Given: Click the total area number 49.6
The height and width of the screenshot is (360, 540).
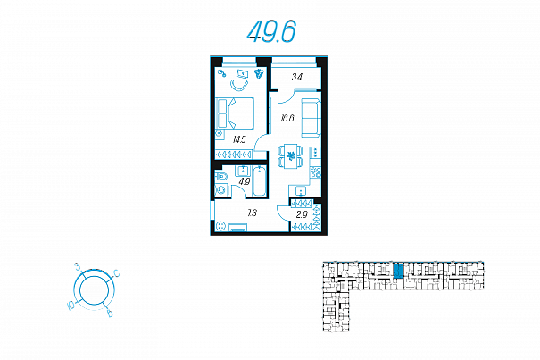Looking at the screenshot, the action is tap(271, 32).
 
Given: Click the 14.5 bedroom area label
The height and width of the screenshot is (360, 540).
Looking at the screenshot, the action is tap(239, 139).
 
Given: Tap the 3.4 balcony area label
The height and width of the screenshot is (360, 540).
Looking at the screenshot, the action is tap(297, 77).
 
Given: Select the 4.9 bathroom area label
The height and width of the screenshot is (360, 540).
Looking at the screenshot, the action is tap(245, 181).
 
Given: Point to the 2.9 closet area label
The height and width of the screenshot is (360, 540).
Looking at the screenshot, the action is tap(302, 215).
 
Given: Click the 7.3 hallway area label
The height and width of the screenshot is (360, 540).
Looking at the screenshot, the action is tap(252, 213).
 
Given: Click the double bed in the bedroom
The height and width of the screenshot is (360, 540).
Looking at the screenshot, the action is tap(235, 113).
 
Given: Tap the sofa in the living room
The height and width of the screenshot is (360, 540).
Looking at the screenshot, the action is tap(311, 118).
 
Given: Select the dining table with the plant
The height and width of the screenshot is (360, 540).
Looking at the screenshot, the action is tap(291, 155).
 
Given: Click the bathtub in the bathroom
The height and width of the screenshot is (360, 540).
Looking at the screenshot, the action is tap(260, 181).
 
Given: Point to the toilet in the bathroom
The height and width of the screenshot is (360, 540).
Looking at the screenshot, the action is tap(221, 177).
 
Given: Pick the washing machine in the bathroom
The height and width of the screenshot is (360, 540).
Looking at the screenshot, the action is tap(221, 190).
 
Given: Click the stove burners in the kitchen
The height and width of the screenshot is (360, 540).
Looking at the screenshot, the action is tap(315, 172).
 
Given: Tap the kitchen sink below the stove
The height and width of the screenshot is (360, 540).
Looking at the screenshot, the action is tap(302, 190).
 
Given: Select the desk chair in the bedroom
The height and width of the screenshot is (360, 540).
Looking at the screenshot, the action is tap(239, 85).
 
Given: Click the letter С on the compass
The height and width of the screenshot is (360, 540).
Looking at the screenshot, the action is tap(117, 273).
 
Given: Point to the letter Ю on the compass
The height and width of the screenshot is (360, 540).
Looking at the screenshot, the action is tap(71, 306).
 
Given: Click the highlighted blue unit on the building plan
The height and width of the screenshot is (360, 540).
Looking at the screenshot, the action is tap(398, 271).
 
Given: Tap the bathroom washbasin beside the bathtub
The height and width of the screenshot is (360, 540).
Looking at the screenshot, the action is tap(244, 171).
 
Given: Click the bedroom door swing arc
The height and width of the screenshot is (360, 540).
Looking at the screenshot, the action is tap(260, 142).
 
